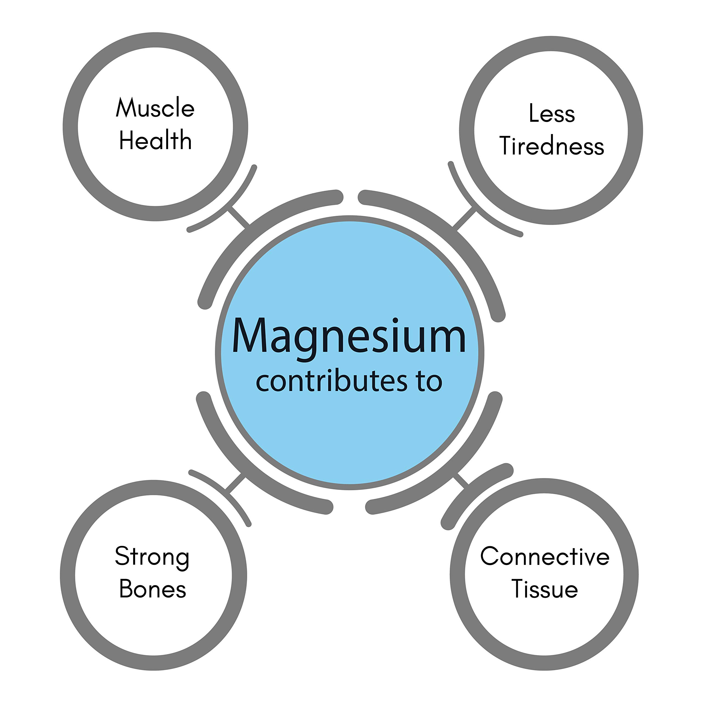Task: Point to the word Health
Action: pyautogui.click(x=155, y=140)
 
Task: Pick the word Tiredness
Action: pyautogui.click(x=552, y=146)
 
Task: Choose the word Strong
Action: pyautogui.click(x=152, y=557)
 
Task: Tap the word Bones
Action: pyautogui.click(x=152, y=589)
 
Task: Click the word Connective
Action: pyautogui.click(x=545, y=557)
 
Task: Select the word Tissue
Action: pyautogui.click(x=545, y=589)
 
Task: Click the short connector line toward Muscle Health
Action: pyautogui.click(x=239, y=217)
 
